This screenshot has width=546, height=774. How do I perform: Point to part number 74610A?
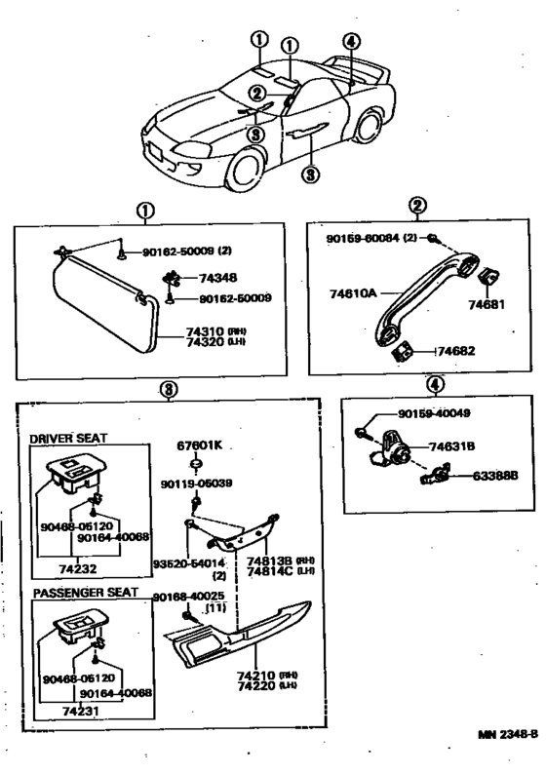[x=349, y=290]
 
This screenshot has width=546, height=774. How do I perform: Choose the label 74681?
[x=487, y=305]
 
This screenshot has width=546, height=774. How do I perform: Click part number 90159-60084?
[x=362, y=238]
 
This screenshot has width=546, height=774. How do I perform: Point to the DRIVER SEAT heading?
[x=68, y=439]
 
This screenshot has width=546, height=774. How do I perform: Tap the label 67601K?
[x=199, y=445]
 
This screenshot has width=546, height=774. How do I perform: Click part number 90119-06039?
[x=197, y=484]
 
